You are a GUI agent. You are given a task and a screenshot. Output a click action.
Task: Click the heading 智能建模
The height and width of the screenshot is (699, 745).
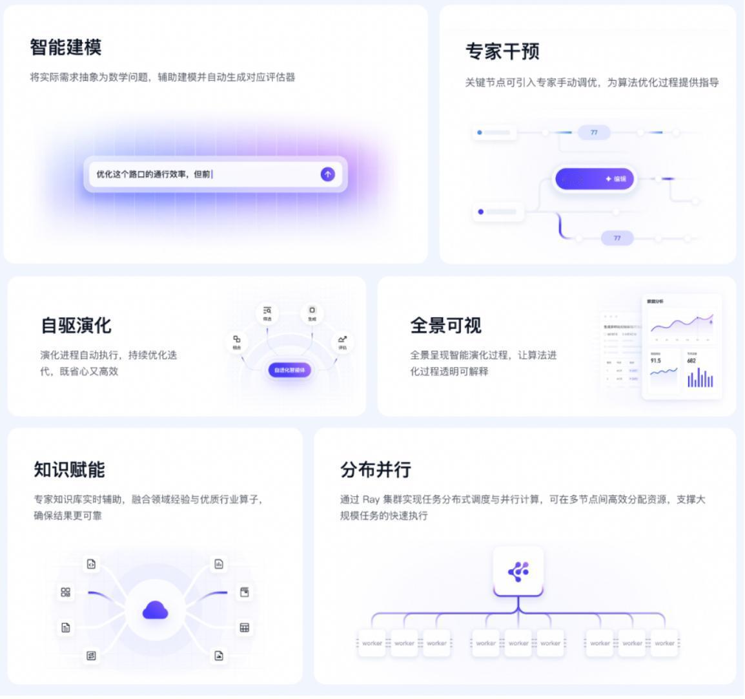pos(65,47)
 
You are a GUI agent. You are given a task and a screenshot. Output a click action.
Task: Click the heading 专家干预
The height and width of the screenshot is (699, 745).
pos(502,52)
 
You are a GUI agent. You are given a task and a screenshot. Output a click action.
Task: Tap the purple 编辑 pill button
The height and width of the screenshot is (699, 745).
pos(595,179)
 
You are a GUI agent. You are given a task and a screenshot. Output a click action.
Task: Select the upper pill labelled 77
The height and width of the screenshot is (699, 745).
pos(594,132)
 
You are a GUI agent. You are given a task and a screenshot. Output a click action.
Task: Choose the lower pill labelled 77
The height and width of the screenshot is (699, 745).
pos(617,238)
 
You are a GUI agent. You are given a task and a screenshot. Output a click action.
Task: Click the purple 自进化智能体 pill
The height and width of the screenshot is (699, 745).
pos(290,370)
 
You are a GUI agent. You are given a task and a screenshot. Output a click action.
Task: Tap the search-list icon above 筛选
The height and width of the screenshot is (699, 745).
pos(267,311)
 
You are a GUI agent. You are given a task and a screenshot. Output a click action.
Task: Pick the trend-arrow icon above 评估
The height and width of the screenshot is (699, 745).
pos(342,339)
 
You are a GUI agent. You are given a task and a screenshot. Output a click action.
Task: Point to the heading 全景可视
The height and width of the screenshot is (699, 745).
pos(445,326)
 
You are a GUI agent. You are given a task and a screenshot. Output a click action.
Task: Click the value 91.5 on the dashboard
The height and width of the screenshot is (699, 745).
pos(656,360)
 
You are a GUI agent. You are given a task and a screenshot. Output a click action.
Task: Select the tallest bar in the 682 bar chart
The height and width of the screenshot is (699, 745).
pos(698,377)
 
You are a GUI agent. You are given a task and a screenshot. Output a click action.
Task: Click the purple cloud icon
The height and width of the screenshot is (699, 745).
pos(155,610)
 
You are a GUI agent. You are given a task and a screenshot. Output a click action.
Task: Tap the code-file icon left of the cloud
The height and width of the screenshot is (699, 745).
pos(92,564)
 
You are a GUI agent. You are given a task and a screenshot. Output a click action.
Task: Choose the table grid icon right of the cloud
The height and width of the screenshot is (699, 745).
pos(244,627)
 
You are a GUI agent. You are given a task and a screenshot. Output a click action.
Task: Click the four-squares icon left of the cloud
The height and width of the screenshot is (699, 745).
pos(65,592)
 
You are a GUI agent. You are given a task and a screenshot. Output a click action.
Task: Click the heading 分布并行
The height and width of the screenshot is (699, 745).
pos(376,470)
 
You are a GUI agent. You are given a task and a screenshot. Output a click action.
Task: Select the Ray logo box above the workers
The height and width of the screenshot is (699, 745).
pos(518,571)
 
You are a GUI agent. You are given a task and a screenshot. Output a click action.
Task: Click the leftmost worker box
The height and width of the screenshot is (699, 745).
pos(372,643)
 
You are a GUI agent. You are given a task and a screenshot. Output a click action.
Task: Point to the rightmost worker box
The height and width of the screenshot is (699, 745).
pos(664,643)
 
